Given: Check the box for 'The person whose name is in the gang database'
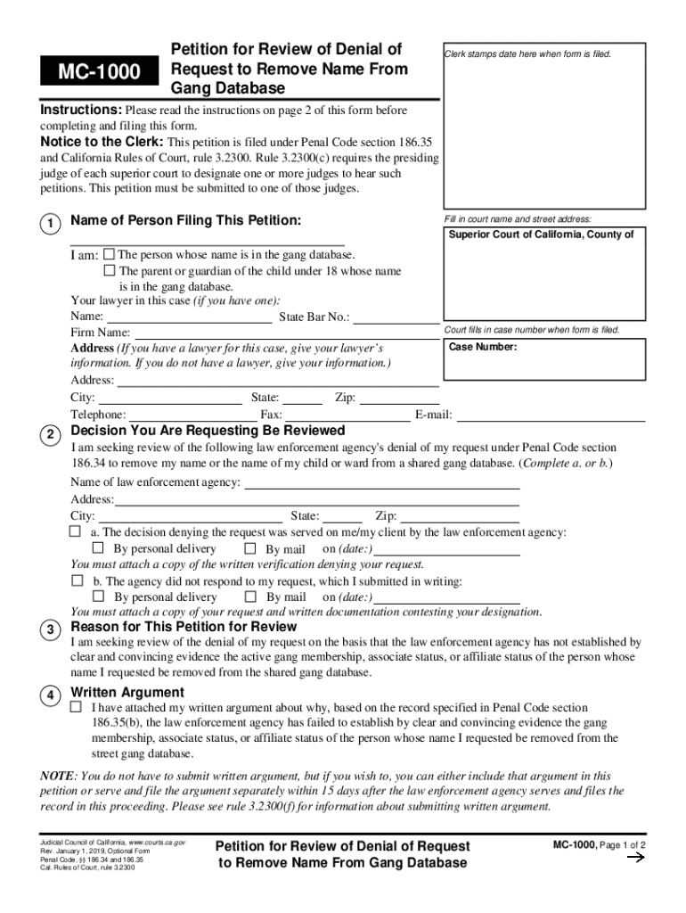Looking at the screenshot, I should click(110, 254).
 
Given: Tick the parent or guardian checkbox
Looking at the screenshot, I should click(110, 270).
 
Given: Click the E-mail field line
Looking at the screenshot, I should click(551, 415).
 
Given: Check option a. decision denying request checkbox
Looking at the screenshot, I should click(76, 531).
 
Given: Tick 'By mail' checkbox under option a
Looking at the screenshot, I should click(250, 548).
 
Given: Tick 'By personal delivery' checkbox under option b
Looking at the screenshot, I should click(98, 596).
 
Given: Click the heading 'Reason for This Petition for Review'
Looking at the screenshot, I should click(184, 627).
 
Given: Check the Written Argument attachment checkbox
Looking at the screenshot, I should click(76, 707).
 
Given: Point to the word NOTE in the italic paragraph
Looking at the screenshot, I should click(55, 776).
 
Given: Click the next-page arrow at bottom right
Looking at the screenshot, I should click(636, 858).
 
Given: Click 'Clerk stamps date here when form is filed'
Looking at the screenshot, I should click(527, 53).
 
